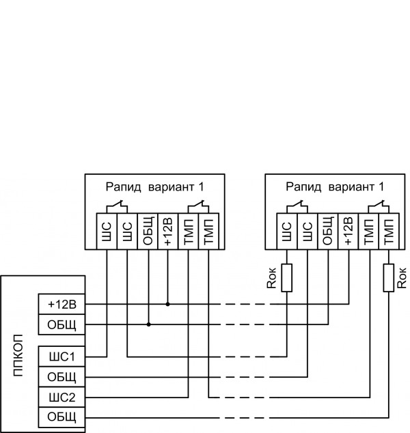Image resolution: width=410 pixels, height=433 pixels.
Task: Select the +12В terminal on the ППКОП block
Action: coord(61,304)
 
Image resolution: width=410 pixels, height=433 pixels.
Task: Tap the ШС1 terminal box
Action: coord(61,357)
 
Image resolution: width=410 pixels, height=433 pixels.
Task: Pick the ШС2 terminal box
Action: coord(61,397)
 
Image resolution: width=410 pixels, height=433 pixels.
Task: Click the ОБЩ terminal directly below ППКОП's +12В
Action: coord(61,324)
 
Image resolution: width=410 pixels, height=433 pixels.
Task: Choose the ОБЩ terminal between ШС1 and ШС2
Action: coord(61,377)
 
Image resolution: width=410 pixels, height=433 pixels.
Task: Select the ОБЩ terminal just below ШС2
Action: coord(61,417)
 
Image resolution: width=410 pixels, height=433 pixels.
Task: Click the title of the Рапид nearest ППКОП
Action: coord(155,186)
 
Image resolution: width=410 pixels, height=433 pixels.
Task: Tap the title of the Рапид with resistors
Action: coord(335,186)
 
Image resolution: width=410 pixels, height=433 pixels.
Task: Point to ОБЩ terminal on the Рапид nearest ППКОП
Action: coord(148,232)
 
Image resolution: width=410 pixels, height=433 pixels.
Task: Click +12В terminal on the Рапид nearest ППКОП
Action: coord(168,232)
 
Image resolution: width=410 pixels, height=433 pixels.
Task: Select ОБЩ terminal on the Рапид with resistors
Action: coord(328,232)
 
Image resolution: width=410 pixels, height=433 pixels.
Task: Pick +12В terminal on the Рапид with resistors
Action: coord(348,232)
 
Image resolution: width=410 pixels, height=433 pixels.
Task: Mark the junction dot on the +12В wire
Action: coord(168,304)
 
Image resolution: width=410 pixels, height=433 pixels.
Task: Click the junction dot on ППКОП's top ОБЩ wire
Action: coord(148,324)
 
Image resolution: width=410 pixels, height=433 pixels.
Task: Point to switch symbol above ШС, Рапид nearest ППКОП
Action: coord(117,205)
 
